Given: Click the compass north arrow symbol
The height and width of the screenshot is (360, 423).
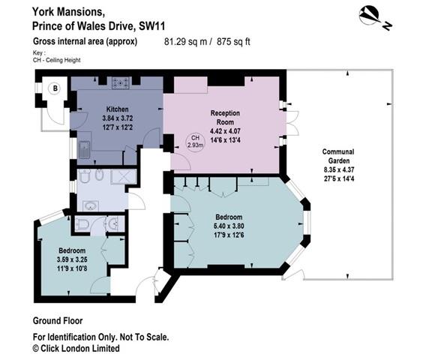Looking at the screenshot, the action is click(x=375, y=18).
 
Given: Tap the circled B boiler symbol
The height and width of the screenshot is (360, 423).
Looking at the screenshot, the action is click(x=55, y=88).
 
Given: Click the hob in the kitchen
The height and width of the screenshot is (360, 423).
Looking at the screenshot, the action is click(x=121, y=82).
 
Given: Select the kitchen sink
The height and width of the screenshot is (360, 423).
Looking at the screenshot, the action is click(x=85, y=150).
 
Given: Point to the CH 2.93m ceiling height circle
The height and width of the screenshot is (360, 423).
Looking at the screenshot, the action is click(x=195, y=142).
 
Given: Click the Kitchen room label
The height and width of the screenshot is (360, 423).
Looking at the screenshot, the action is click(x=117, y=109).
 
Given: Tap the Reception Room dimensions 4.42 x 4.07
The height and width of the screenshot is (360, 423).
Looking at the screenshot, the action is click(x=225, y=131).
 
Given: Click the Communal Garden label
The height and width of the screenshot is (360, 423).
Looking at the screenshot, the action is click(x=338, y=156).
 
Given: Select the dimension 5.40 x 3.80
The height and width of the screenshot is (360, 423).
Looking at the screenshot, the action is click(x=229, y=226).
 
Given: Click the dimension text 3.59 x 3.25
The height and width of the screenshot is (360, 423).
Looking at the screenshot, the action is click(x=72, y=259).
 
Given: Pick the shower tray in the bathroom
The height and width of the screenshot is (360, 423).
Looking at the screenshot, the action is click(x=124, y=177).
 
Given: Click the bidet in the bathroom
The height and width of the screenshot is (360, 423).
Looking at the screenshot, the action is click(x=99, y=175).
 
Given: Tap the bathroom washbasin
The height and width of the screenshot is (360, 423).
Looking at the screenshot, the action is click(x=90, y=206).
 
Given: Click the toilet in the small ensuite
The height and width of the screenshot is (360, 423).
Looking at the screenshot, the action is click(x=82, y=224).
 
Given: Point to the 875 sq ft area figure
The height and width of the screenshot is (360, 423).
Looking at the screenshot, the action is click(x=233, y=41).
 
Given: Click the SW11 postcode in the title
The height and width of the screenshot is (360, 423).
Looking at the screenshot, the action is click(x=151, y=26).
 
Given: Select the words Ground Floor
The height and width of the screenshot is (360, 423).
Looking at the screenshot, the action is click(x=58, y=321).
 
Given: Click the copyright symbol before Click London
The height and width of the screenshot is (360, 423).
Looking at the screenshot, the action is click(x=36, y=349).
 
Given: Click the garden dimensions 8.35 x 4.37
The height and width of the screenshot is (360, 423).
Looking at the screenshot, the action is click(x=339, y=169).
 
